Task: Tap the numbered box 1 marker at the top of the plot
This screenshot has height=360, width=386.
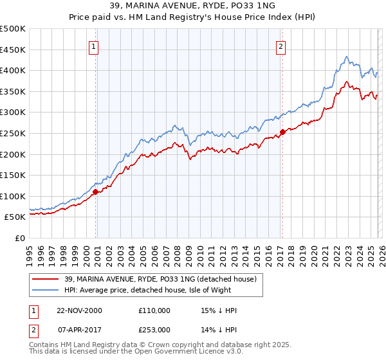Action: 94,46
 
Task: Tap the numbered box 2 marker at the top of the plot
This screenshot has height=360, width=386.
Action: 282,46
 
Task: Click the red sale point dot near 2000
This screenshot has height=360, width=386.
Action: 95,192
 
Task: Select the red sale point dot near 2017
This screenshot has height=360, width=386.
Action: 282,132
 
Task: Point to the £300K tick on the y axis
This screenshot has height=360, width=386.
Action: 13,113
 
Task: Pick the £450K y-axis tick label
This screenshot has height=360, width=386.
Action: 13,50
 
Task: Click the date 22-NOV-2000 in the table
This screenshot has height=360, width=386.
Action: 79,310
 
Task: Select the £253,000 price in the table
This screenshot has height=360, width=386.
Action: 154,329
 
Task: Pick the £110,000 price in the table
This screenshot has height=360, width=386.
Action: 154,310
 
